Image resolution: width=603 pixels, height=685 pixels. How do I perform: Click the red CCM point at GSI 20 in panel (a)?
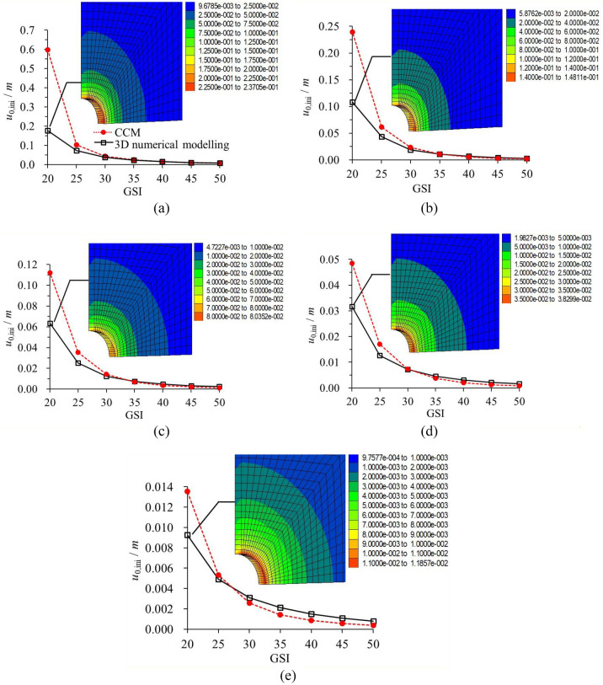pyautogui.click(x=49, y=50)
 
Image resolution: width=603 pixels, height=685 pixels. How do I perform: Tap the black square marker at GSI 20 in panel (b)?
pyautogui.click(x=352, y=103)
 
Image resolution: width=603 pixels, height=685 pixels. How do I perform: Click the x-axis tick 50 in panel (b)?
pyautogui.click(x=526, y=171)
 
